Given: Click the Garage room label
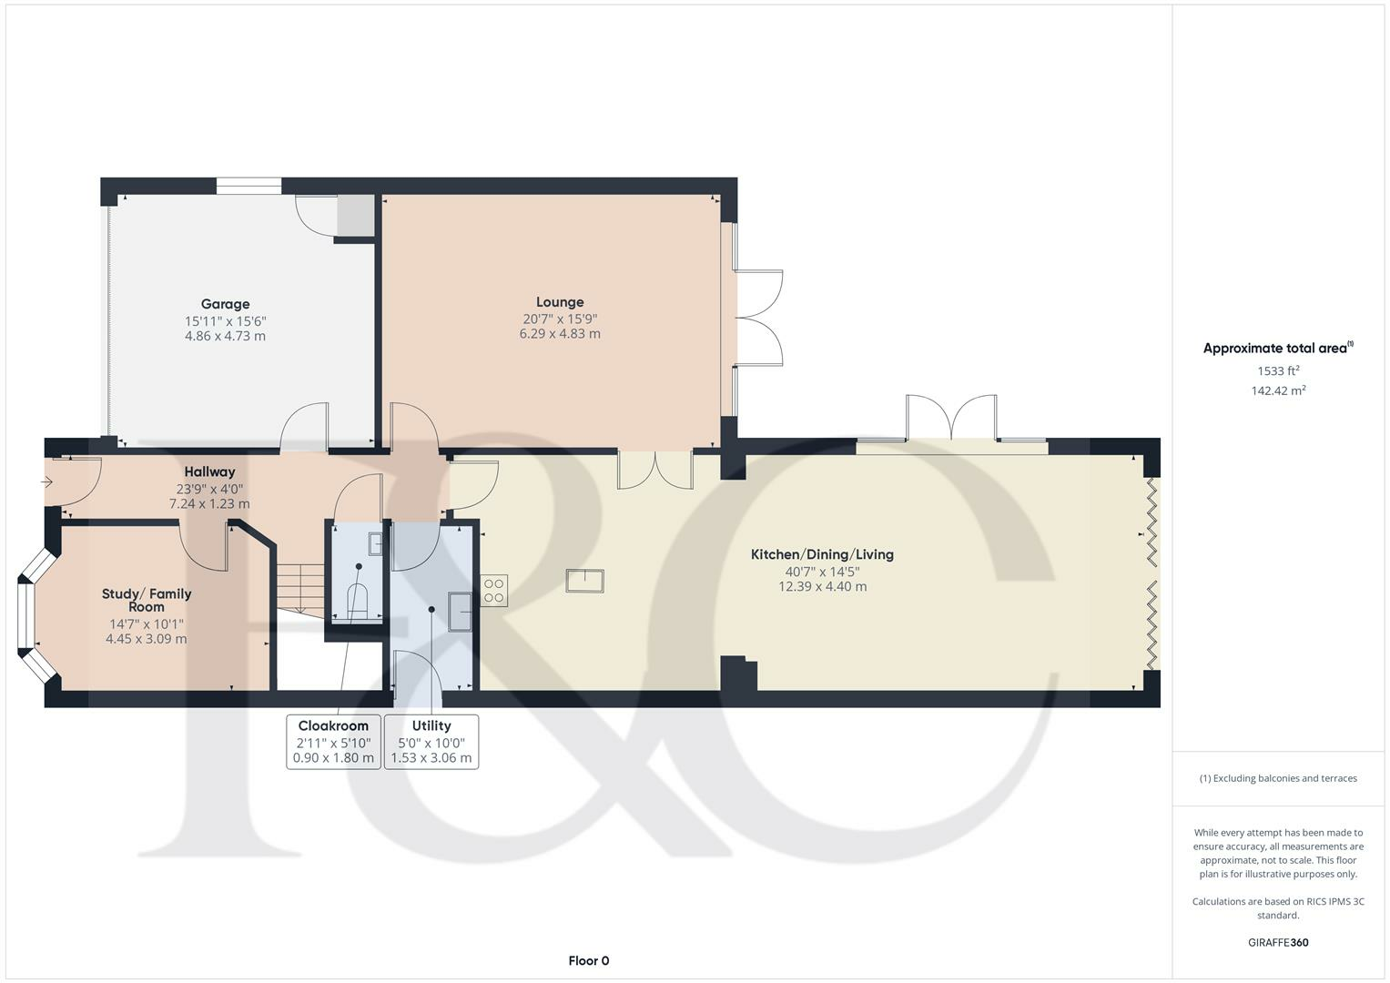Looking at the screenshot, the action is click(x=225, y=304).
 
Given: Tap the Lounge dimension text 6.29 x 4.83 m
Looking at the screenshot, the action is click(x=560, y=334).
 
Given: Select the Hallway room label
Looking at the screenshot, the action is click(x=209, y=471).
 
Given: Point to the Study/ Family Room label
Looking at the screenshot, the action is click(x=147, y=600).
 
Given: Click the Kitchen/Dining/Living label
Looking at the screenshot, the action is click(x=822, y=555).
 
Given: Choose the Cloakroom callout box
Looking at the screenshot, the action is click(x=333, y=742).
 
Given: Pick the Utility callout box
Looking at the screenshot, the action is click(x=431, y=742).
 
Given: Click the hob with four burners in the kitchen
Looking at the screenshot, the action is click(x=494, y=591).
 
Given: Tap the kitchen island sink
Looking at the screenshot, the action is click(x=584, y=581).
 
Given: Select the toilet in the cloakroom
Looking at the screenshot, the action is click(x=358, y=602).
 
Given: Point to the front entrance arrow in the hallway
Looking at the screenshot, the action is click(x=47, y=482).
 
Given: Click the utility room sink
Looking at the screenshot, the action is click(x=461, y=612).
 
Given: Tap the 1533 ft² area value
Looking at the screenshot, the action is click(x=1278, y=371).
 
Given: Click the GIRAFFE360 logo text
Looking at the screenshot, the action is click(x=1278, y=942).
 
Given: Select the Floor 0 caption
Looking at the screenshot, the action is click(x=588, y=960).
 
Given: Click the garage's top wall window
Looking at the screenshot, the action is click(x=249, y=186).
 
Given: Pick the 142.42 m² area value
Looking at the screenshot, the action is click(x=1278, y=391).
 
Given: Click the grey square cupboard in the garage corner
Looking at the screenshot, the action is click(x=356, y=215).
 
